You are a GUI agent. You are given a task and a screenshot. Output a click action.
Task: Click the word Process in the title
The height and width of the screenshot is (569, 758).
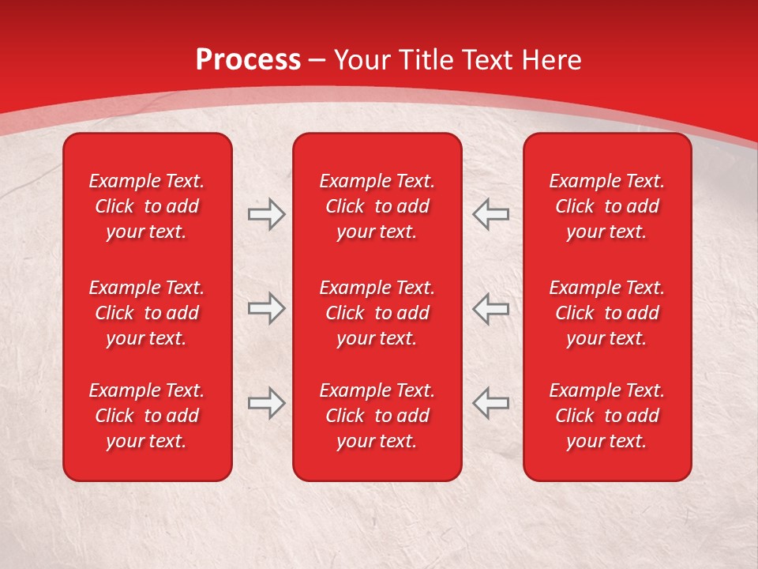(x=248, y=60)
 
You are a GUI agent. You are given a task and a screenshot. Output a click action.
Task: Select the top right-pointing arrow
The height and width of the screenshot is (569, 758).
(x=266, y=214)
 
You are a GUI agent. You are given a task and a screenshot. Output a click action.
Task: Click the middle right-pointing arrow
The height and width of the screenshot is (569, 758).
(x=266, y=308)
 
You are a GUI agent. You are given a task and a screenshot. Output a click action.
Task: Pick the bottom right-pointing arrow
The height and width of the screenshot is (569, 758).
(x=266, y=403)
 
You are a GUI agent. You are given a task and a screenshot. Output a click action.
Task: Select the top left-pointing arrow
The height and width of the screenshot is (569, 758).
(x=490, y=214)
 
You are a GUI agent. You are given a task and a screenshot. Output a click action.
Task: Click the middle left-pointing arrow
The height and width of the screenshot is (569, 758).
(x=490, y=308)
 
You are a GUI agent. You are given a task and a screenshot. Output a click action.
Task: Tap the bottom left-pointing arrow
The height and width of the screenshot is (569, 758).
(x=490, y=403)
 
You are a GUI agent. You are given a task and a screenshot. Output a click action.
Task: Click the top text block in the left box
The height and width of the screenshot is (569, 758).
(x=147, y=206)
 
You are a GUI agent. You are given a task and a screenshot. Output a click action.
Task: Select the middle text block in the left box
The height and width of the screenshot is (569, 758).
(x=147, y=313)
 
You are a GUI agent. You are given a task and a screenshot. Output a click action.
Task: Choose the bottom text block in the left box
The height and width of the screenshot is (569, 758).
(x=147, y=416)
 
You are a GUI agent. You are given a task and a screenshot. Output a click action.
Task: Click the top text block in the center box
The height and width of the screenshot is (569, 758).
(x=377, y=206)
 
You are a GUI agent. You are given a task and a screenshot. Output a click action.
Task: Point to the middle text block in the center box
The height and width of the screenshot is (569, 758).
(x=377, y=313)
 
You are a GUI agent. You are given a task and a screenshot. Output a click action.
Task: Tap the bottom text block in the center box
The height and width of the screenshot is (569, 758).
(x=377, y=416)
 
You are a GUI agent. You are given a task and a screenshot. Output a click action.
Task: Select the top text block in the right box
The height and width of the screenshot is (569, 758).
(x=606, y=206)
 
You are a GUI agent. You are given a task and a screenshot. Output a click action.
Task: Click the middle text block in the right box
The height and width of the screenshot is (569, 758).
(x=606, y=313)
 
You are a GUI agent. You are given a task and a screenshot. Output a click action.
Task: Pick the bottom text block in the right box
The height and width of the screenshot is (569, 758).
(x=606, y=416)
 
